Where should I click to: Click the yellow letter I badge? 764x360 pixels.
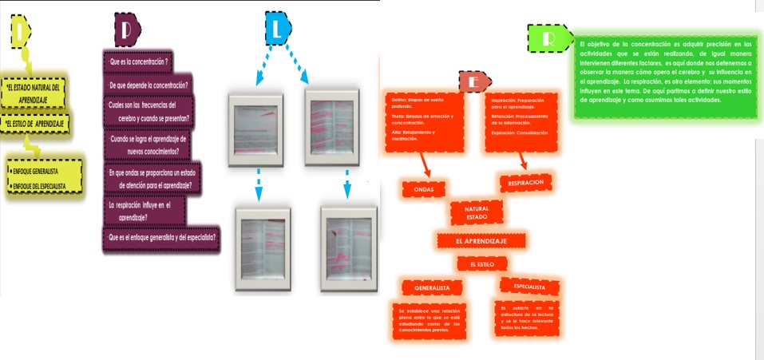[20, 32]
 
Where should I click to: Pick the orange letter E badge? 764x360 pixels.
[473, 82]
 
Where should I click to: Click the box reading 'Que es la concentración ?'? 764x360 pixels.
[138, 61]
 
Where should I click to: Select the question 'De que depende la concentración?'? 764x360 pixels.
[148, 85]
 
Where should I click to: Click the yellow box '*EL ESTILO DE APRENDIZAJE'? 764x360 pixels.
[35, 124]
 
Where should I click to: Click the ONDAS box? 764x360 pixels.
[423, 189]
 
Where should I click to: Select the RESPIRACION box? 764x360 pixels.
[526, 183]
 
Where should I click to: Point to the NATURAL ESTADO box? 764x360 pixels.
[477, 212]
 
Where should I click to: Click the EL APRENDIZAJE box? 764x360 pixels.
[481, 240]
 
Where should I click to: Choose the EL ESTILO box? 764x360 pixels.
[482, 263]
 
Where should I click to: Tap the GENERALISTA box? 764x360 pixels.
[433, 287]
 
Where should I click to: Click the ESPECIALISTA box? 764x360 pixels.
[529, 287]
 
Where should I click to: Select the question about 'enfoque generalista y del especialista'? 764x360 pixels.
[161, 237]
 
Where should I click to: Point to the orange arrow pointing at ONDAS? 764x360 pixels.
[424, 164]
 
